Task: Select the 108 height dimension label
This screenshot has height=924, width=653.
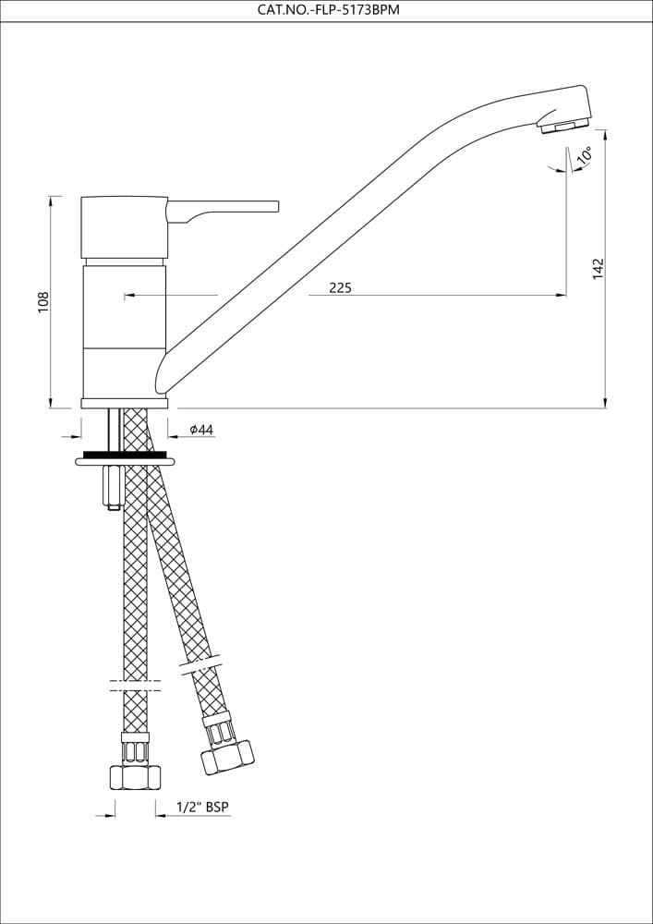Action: pyautogui.click(x=44, y=301)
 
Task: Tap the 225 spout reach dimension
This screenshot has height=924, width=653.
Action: pyautogui.click(x=340, y=287)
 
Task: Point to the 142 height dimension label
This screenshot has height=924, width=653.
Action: pyautogui.click(x=599, y=269)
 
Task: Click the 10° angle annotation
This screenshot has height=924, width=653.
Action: pyautogui.click(x=585, y=154)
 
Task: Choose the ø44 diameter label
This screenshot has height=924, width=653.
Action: pyautogui.click(x=200, y=430)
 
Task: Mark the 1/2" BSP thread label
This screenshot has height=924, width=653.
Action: pyautogui.click(x=202, y=807)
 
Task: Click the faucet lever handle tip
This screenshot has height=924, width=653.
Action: pyautogui.click(x=274, y=206)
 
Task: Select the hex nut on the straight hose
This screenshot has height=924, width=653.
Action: pyautogui.click(x=136, y=777)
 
